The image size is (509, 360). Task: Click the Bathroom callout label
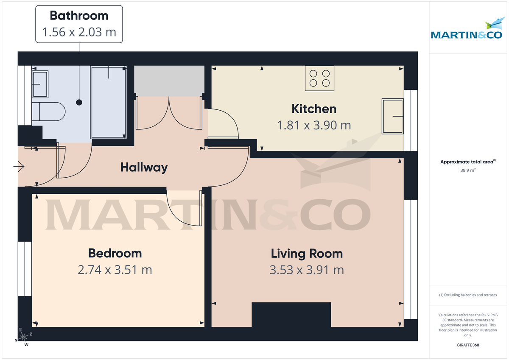tap(79, 16)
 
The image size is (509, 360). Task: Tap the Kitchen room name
tap(314, 109)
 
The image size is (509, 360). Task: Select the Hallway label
tap(144, 167)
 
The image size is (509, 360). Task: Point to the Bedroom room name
tap(115, 254)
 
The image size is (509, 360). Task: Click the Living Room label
tap(307, 254)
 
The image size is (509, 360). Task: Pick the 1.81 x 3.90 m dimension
tap(314, 126)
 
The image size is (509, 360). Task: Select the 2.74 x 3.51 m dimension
tap(115, 270)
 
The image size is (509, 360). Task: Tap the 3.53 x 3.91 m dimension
tap(307, 270)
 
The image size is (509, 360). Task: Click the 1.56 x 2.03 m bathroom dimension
tap(79, 32)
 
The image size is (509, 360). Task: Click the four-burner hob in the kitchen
tap(319, 78)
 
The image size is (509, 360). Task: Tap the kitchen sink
tap(392, 116)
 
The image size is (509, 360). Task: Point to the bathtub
tap(109, 102)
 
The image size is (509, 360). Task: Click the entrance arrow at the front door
tap(19, 167)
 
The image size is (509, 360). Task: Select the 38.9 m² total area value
tap(468, 170)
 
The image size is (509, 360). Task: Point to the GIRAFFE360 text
tap(468, 345)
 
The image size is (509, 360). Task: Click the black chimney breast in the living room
tap(291, 314)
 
